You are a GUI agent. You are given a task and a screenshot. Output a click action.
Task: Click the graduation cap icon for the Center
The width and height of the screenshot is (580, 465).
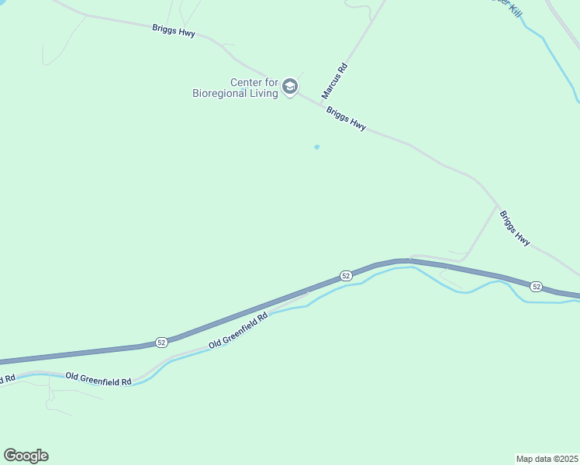290,86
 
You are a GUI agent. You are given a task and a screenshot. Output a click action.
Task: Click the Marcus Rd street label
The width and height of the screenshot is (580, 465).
340,80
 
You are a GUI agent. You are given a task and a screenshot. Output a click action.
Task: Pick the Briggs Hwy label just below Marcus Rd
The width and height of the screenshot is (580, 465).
346,119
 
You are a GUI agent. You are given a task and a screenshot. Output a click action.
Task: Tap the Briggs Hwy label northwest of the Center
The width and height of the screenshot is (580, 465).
174,31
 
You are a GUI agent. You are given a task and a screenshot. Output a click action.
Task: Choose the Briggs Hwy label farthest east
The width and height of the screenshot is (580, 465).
515,229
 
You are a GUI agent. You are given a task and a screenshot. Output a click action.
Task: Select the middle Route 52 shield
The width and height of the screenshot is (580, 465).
346,276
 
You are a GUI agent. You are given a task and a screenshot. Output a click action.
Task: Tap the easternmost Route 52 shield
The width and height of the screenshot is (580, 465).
536,287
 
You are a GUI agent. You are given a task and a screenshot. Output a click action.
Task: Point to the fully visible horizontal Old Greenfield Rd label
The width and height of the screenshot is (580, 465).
98,377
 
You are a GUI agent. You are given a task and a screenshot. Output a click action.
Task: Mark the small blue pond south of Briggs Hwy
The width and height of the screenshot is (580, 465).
316,146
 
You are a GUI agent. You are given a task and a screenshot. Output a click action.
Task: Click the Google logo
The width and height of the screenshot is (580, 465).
26,456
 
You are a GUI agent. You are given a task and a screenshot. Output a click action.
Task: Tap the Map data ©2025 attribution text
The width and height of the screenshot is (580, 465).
547,458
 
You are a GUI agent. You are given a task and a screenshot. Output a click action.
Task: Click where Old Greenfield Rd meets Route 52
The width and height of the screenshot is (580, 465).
308,292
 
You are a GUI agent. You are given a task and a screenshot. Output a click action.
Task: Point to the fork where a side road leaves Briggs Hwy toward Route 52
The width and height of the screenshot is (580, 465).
497,206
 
